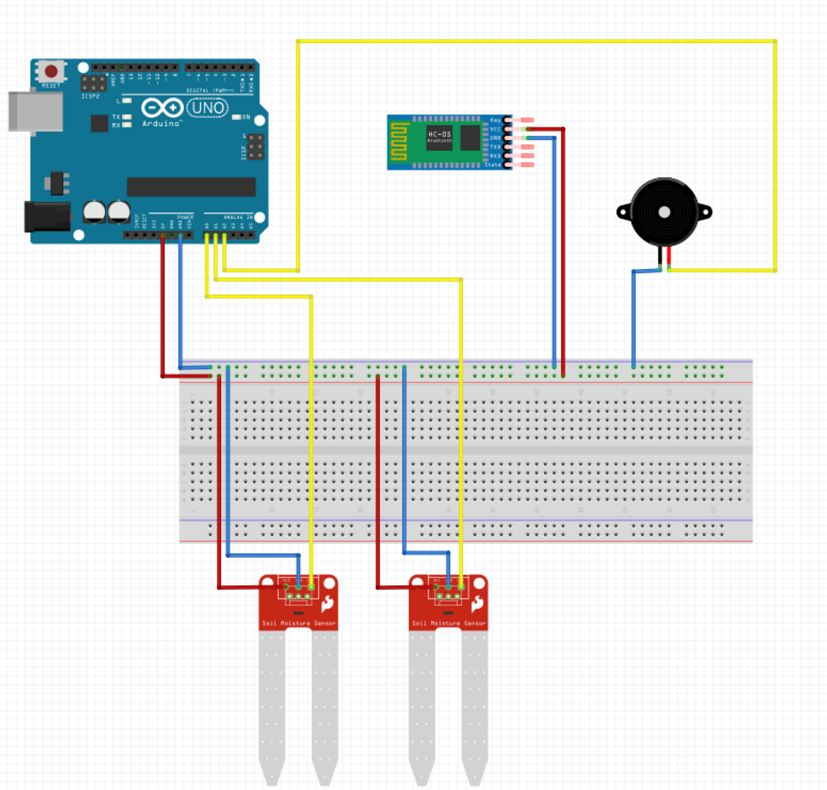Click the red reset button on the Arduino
(51, 71)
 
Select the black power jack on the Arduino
(47, 216)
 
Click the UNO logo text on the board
(208, 107)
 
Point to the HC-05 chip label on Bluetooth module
(439, 135)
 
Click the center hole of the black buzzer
(664, 212)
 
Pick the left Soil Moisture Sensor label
(299, 623)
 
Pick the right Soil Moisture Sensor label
(449, 623)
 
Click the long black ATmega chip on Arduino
(191, 187)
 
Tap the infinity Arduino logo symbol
(162, 107)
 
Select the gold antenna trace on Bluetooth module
(399, 141)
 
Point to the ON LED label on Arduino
(246, 117)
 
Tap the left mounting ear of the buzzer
(623, 212)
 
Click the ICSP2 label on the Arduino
(90, 96)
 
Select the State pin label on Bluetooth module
(493, 165)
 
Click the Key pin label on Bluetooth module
(495, 120)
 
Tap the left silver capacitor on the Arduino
(94, 211)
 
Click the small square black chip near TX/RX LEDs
(100, 123)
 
